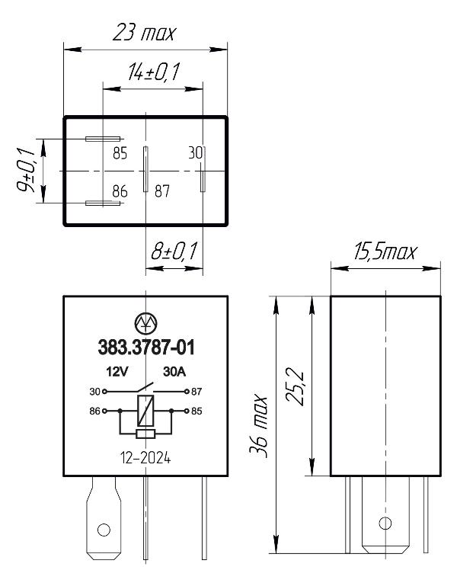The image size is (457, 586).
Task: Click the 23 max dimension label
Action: tap(144, 33)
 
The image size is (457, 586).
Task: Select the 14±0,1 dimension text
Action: tap(153, 72)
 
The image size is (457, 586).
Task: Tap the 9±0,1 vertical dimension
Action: tap(26, 170)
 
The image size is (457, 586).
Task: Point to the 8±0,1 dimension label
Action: tap(174, 251)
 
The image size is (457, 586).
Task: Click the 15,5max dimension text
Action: tap(385, 252)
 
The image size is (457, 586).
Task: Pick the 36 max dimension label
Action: tap(258, 426)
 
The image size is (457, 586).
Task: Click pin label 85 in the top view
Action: tap(120, 153)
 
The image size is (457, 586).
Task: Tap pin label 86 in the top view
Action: tap(120, 191)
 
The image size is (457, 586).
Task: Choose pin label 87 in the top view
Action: tap(162, 191)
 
